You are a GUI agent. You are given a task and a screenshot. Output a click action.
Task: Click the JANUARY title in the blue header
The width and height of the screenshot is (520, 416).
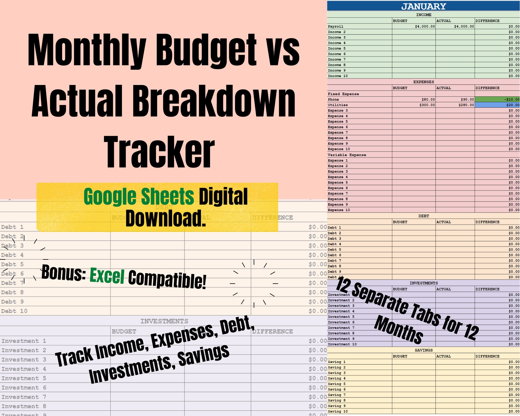[424, 6]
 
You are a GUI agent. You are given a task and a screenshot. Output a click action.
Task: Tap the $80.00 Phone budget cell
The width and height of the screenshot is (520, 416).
[428, 99]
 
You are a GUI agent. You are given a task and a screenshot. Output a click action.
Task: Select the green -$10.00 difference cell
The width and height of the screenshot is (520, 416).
[497, 99]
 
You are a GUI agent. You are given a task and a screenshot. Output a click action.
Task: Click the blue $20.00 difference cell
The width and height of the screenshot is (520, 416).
[497, 105]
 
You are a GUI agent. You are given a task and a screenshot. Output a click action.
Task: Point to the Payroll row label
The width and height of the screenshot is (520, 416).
[336, 26]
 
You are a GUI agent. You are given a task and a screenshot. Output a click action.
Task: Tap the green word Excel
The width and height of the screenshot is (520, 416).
[107, 275]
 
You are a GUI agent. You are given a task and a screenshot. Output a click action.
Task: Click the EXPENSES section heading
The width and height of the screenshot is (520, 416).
[424, 82]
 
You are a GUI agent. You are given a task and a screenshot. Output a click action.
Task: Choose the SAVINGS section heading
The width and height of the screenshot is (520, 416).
[424, 350]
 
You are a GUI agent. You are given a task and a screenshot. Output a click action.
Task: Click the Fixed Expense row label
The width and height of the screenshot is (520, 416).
[343, 94]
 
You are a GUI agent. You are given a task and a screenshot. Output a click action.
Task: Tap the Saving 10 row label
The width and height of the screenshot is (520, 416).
[338, 411]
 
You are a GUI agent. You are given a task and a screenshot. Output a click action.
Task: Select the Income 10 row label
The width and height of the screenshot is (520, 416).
[338, 76]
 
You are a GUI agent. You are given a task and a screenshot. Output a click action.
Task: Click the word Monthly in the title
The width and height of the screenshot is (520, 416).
[87, 51]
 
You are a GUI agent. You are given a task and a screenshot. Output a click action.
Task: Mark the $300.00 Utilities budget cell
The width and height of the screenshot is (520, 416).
[427, 105]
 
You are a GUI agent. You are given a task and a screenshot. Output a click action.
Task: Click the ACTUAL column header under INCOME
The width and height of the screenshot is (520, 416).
[444, 21]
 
